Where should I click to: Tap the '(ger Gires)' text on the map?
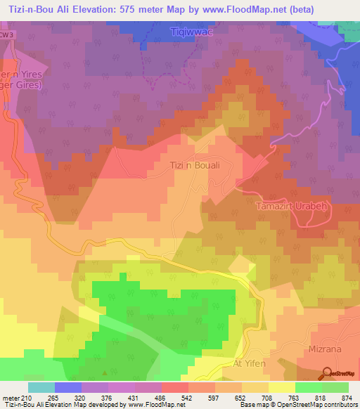pos(21,84)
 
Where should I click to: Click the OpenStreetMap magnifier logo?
pos(327,373)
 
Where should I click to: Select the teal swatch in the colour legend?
pos(41,387)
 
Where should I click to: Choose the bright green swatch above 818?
pos(309,387)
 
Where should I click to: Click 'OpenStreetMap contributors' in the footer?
pos(320,405)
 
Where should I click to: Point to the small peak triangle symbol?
pos(105,373)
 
